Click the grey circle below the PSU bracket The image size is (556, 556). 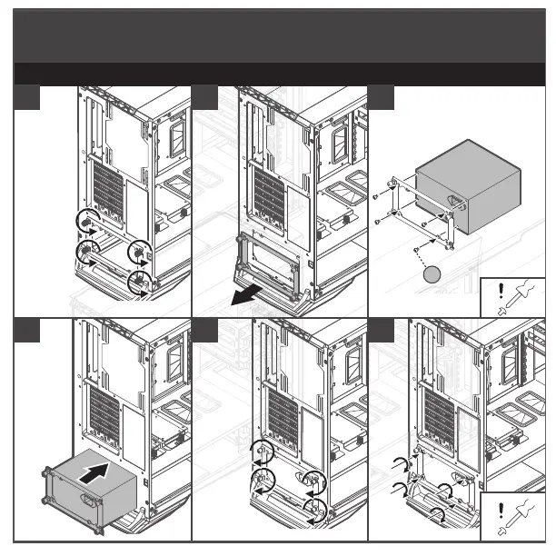[x=433, y=273]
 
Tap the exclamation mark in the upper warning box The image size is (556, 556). [x=501, y=292]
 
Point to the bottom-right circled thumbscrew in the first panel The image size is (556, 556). [x=140, y=282]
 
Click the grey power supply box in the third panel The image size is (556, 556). [x=468, y=177]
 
